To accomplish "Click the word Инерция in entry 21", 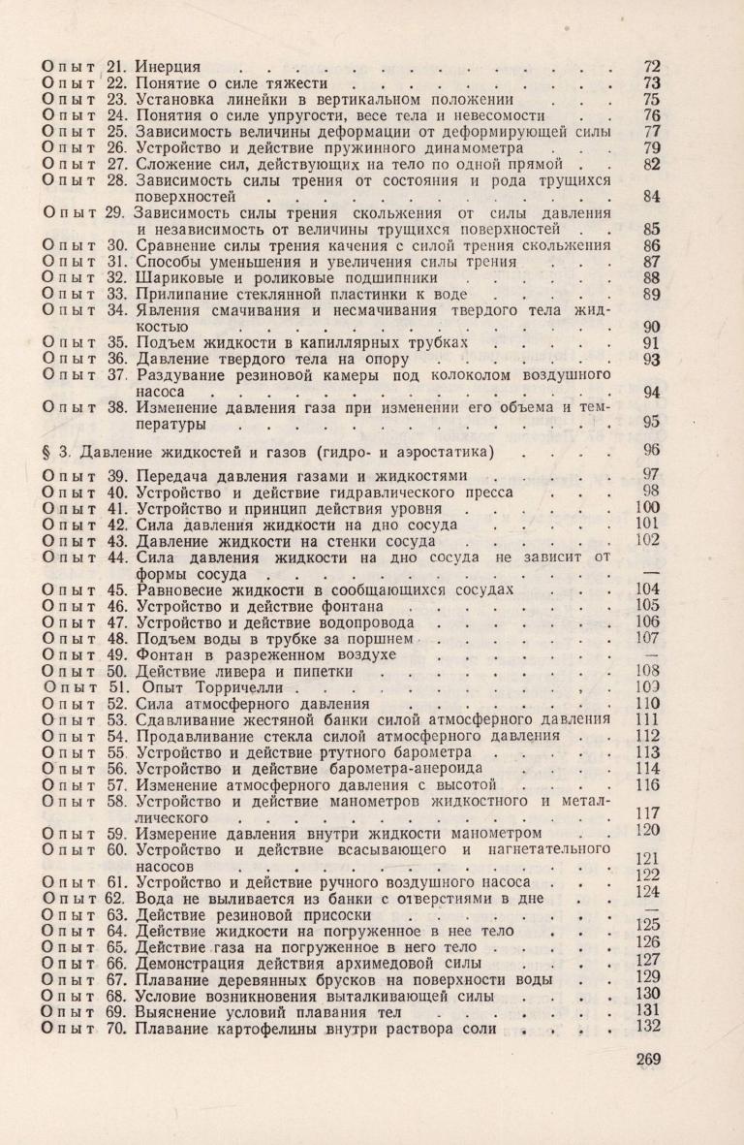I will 168,67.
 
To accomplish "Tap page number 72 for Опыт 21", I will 651,67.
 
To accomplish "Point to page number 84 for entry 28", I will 651,199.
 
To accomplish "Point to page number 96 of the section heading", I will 651,450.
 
